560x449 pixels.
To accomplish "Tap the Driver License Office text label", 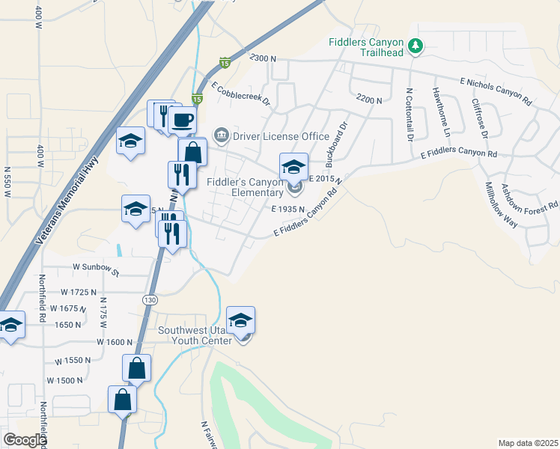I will tap(281, 136).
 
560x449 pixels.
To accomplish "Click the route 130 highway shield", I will tap(150, 299).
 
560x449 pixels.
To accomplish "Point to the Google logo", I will tap(25, 440).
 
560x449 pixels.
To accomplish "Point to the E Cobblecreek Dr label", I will tap(240, 94).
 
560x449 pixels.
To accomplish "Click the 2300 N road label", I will tap(264, 58).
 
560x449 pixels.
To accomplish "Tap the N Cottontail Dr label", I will tap(410, 115).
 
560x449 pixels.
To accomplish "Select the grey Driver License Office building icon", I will tap(222, 135).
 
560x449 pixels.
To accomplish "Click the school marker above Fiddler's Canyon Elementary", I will tap(293, 166).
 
